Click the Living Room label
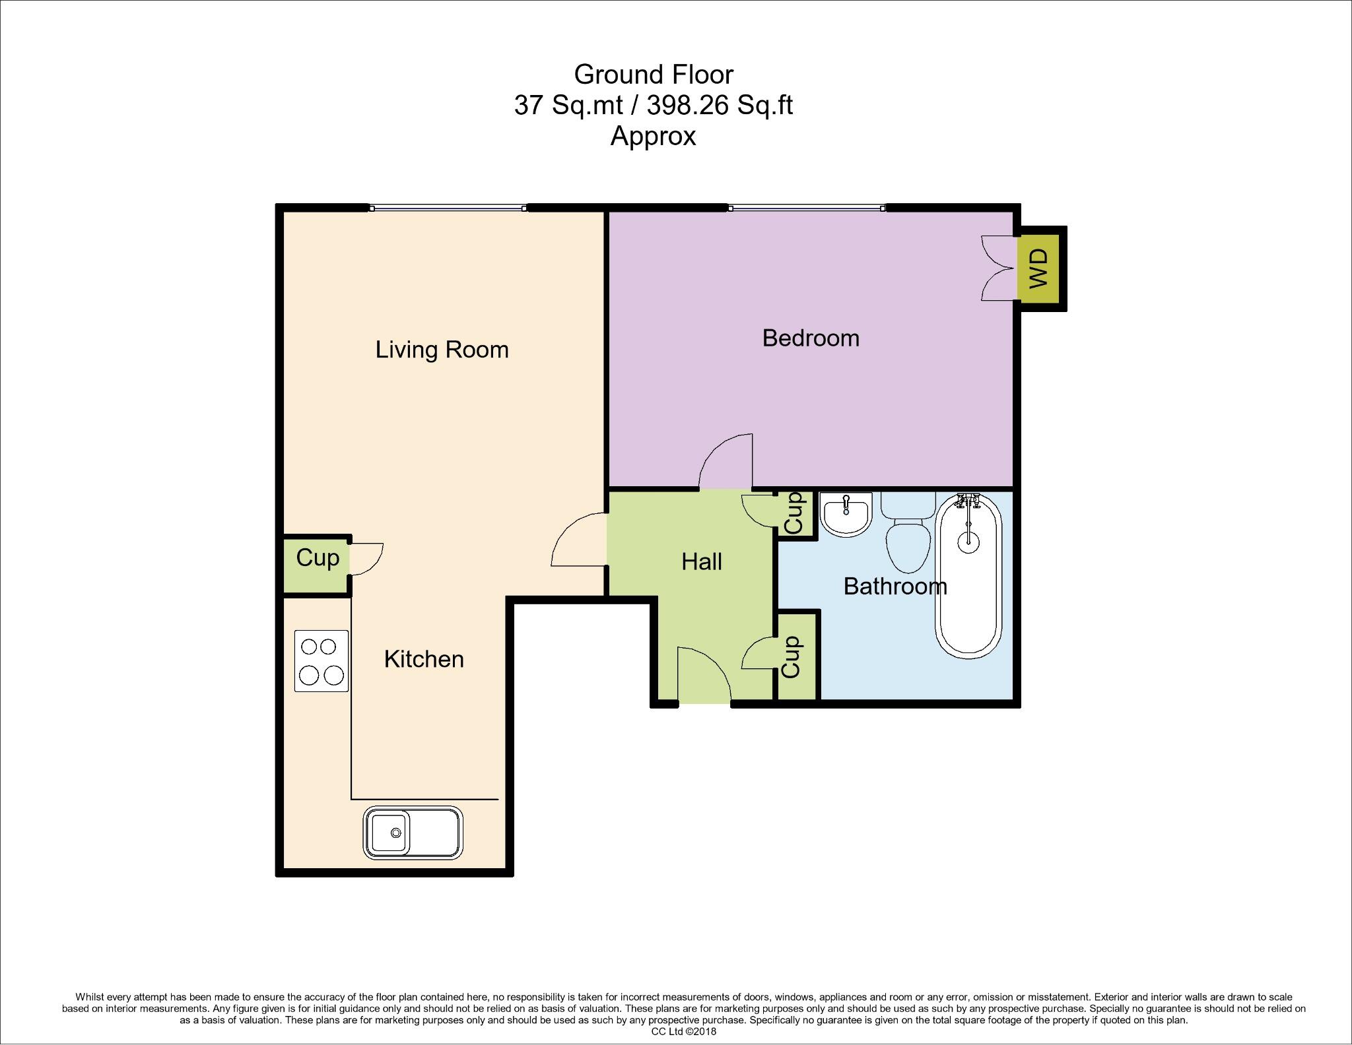442,350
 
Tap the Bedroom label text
810,338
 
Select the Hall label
701,562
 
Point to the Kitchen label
424,659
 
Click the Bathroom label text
895,586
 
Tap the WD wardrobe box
1038,268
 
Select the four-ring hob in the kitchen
321,661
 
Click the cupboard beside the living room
317,559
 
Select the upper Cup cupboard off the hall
794,513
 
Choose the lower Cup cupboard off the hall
792,657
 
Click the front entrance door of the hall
704,676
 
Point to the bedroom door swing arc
726,460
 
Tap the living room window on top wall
448,208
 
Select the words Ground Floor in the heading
653,75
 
